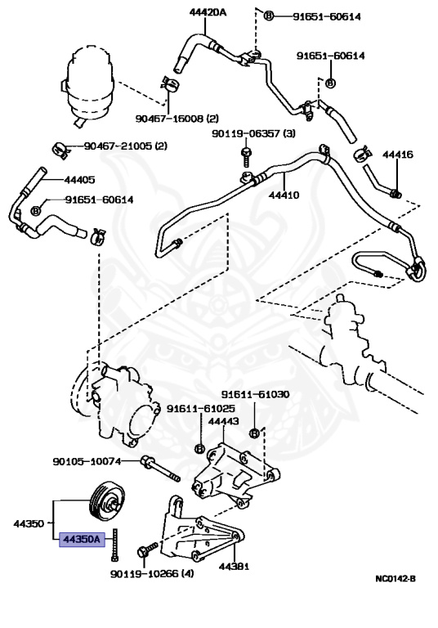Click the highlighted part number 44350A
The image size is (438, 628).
82,540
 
